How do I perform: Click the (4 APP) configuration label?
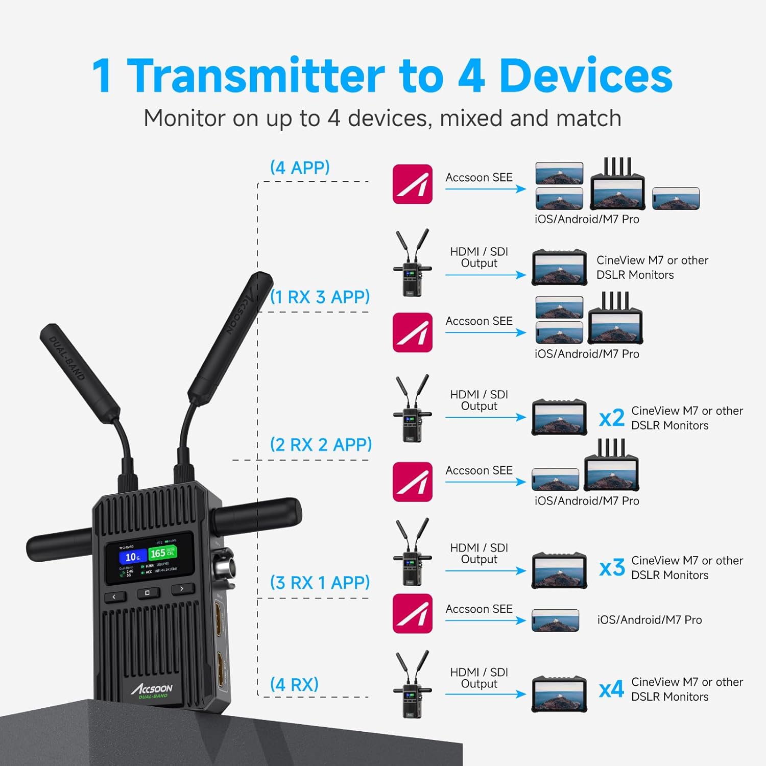300,167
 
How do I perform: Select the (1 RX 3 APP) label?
320,297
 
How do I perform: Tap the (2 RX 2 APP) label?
321,445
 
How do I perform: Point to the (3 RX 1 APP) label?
320,582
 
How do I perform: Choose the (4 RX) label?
294,684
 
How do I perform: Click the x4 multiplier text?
611,689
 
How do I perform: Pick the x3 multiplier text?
612,568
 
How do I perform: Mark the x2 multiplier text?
612,418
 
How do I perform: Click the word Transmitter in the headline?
255,76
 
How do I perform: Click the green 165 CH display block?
162,553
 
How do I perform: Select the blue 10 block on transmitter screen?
132,557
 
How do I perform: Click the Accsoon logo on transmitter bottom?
152,690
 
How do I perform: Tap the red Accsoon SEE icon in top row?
413,184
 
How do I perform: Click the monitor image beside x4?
559,694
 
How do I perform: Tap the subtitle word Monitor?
184,118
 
